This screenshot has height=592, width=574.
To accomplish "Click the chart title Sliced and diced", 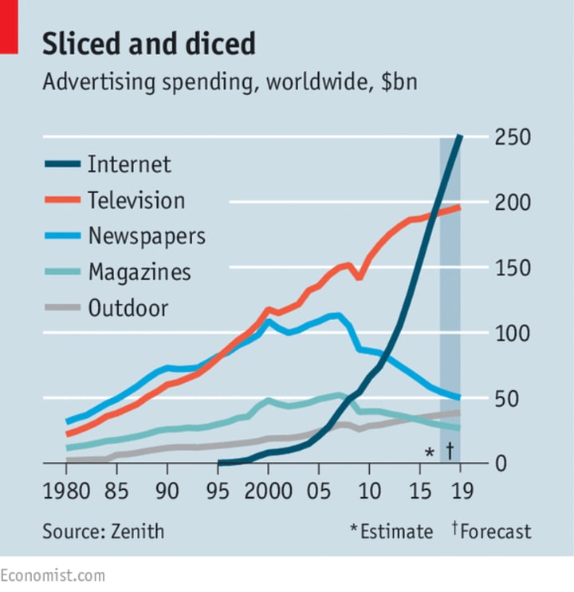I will point(149,45).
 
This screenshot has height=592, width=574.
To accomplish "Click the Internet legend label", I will point(129,165).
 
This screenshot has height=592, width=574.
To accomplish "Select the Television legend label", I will point(136,200).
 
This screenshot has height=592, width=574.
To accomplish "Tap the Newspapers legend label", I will point(147,236).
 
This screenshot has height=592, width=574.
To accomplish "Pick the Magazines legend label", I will point(140,272).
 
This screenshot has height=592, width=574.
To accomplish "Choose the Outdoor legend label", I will point(128,308).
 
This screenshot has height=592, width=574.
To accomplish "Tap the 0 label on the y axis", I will point(501,463).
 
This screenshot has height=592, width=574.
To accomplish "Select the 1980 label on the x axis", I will point(68,490).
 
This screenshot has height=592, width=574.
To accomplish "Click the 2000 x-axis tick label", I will point(268,490).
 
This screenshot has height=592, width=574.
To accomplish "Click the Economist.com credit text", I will point(53,574).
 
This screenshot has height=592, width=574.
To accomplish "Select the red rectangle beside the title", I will point(8,27).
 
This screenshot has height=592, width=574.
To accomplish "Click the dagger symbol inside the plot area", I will point(450,451).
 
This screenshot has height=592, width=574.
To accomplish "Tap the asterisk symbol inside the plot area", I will point(429,452).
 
